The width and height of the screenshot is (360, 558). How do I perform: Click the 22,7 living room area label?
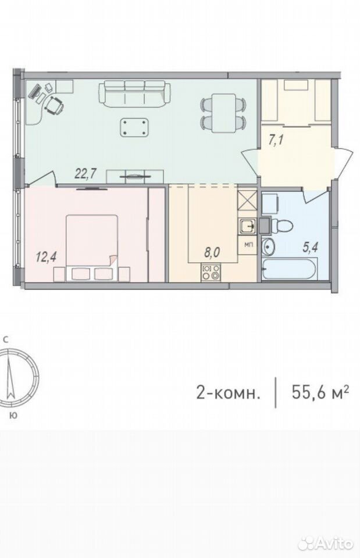[x=86, y=173]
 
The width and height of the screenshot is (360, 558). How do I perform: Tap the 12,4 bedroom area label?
[x=47, y=256]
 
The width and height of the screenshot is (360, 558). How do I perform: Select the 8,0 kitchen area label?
[x=212, y=253]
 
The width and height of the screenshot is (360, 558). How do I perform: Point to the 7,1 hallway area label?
[x=276, y=140]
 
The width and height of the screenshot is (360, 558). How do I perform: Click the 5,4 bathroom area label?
[x=310, y=248]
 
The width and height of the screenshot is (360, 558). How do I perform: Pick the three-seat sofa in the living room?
[x=134, y=93]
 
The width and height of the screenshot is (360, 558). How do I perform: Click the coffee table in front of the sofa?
[x=134, y=127]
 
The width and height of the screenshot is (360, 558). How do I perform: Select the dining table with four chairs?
[x=223, y=113]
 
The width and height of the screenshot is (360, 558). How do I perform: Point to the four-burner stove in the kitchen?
[x=211, y=273]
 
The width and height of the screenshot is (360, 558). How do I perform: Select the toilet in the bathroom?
[x=281, y=226]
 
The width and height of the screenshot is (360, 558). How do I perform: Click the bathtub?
[x=289, y=270]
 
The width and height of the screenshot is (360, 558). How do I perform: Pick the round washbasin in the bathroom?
[x=268, y=246]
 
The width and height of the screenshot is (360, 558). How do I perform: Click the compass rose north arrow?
[x=10, y=377]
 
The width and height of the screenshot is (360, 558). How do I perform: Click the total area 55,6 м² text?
[x=320, y=392]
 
